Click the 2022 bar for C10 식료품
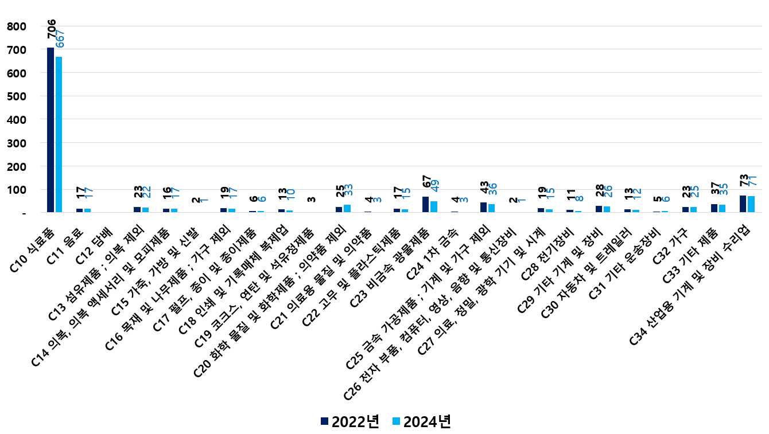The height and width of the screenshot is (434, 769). (51, 130)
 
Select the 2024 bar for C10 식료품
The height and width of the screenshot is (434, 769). (59, 135)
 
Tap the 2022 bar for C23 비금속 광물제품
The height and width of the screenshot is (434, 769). (425, 205)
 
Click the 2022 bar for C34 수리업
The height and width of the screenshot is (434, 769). (743, 204)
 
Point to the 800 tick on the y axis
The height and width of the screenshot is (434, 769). (17, 26)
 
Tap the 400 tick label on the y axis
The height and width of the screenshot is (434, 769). (17, 120)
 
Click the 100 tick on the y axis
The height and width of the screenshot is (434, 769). (17, 190)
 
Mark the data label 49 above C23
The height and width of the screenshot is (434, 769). (435, 186)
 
